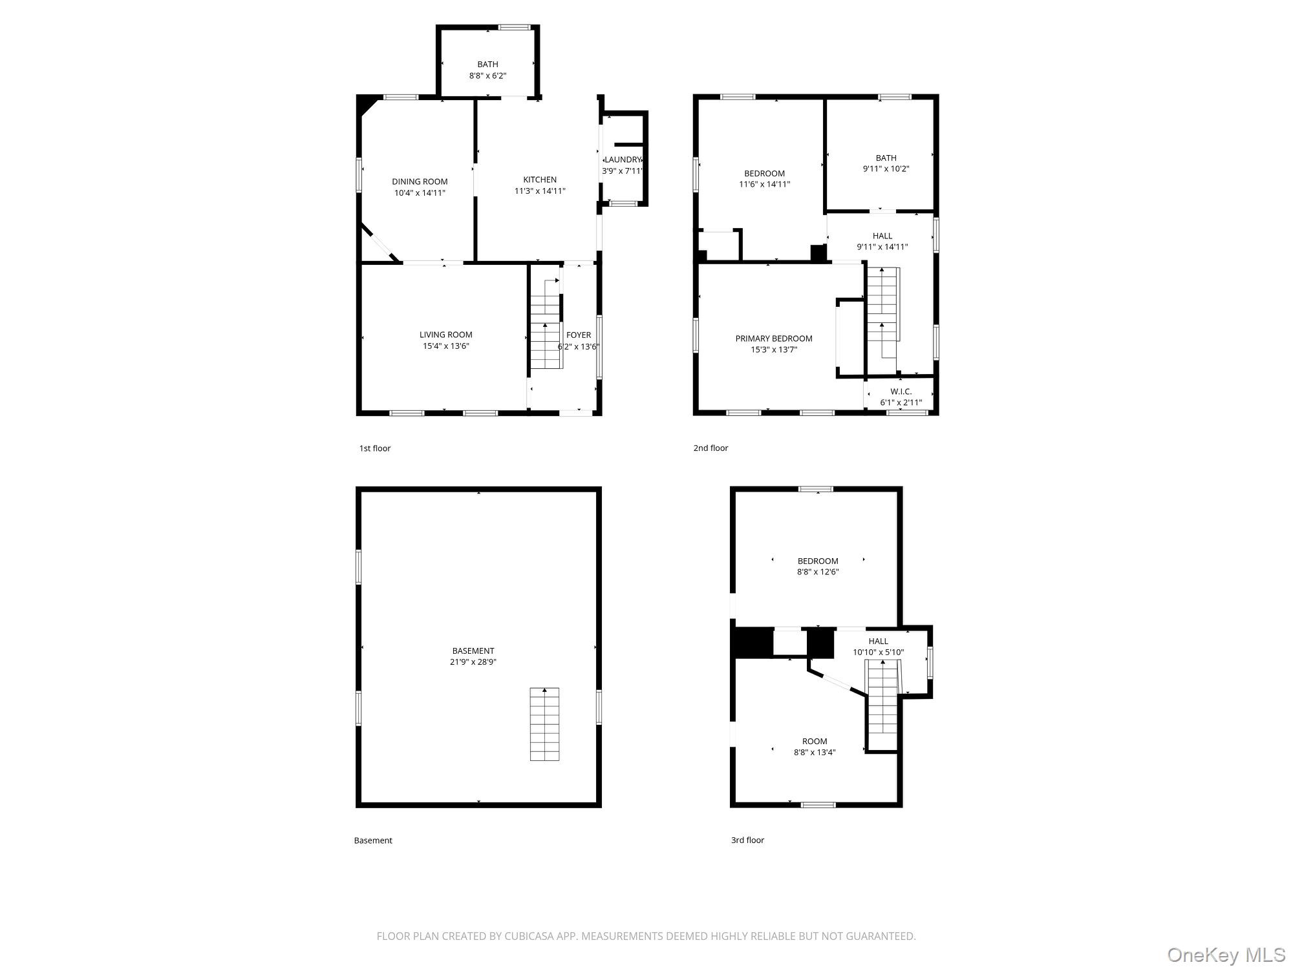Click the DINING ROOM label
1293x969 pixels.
tap(420, 182)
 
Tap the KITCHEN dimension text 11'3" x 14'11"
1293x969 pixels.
tap(540, 191)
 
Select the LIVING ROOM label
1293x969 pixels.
tap(446, 335)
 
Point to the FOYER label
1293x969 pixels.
tap(579, 335)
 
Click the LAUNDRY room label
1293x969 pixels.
tap(623, 160)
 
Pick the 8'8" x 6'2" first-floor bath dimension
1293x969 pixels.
tap(488, 76)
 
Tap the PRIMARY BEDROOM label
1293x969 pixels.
tap(774, 339)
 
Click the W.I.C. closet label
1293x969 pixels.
tap(901, 391)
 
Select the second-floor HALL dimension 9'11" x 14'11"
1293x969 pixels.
tap(882, 247)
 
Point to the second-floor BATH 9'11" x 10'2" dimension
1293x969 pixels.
tap(886, 169)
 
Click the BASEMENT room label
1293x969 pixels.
tap(473, 651)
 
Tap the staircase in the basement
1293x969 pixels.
tap(545, 724)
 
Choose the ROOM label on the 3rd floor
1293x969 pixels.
tap(815, 741)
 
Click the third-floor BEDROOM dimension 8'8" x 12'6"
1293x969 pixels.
tap(818, 572)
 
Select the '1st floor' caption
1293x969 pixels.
tap(375, 448)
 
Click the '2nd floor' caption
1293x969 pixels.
tap(711, 448)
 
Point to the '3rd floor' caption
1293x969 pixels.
tap(747, 840)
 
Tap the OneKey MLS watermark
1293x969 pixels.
tap(1226, 955)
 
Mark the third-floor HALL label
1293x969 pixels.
tap(879, 641)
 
